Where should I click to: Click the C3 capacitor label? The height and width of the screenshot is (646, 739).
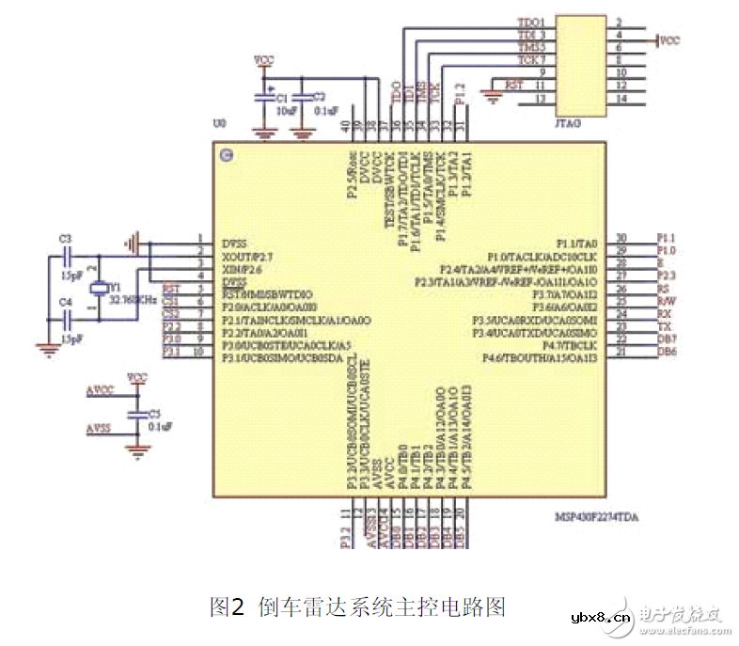[64, 240]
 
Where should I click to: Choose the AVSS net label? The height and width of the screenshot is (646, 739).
[99, 428]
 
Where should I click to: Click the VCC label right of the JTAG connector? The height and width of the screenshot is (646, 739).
[668, 41]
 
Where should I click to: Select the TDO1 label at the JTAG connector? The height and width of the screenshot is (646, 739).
[530, 22]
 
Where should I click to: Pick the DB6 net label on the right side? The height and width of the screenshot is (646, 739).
[665, 352]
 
